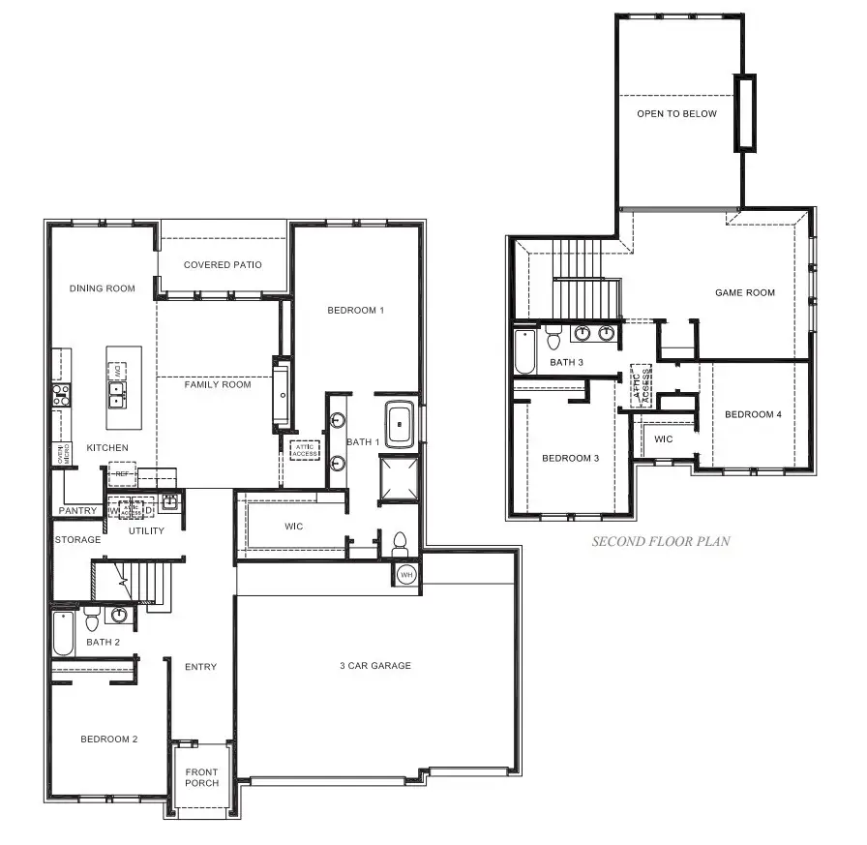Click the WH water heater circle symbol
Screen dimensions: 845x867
(x=406, y=574)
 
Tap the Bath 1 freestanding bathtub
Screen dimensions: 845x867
(x=400, y=424)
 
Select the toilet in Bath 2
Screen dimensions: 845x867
(x=92, y=620)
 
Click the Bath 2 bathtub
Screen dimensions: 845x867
(x=62, y=633)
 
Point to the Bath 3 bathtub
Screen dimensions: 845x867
(x=523, y=353)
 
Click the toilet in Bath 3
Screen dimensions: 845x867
(x=553, y=340)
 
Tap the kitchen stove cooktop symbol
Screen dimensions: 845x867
(x=60, y=393)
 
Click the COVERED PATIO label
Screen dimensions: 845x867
(x=223, y=265)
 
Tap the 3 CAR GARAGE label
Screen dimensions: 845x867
(x=374, y=666)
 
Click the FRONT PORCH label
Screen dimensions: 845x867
(x=202, y=777)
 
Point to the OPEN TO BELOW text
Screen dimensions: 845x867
(x=676, y=114)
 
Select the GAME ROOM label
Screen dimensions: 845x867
(x=744, y=292)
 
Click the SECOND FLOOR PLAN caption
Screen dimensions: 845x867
(x=661, y=542)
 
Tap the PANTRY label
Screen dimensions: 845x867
(x=77, y=511)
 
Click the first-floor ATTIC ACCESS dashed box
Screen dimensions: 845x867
(x=305, y=449)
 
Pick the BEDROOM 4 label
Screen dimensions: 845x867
(x=753, y=415)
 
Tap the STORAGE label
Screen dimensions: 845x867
(x=77, y=540)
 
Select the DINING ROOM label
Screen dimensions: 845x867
(x=102, y=288)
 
